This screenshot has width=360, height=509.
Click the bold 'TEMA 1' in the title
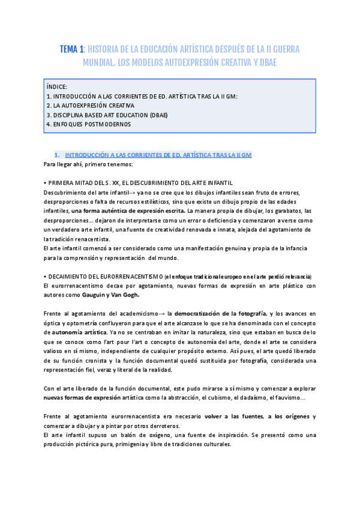[71, 49]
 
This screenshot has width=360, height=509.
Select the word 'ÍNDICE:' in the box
[57, 86]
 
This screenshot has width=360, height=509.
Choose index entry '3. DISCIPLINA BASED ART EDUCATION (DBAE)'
[107, 115]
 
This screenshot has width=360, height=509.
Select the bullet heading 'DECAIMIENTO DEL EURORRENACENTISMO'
[104, 276]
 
